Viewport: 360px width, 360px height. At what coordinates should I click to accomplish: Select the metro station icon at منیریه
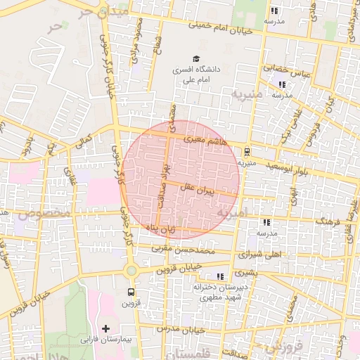click(x=247, y=151)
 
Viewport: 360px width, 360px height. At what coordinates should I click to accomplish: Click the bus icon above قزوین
click(x=131, y=292)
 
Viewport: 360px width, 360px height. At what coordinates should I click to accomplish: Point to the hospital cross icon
click(x=106, y=328)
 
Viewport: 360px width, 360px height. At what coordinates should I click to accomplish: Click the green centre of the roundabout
click(x=130, y=271)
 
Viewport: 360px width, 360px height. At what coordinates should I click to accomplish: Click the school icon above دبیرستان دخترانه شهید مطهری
click(x=220, y=276)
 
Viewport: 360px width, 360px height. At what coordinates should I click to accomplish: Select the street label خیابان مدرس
click(x=179, y=328)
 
